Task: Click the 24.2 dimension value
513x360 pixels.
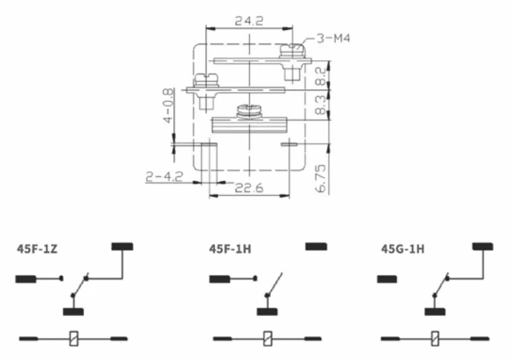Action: point(249,21)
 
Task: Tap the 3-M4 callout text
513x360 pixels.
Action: point(333,38)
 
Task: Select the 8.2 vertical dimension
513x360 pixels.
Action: point(321,76)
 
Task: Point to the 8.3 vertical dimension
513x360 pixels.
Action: point(321,105)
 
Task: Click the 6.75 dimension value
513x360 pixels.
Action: point(321,178)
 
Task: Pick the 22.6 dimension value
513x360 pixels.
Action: point(249,188)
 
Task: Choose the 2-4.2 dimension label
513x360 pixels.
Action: point(164,177)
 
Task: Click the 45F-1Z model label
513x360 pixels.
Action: point(37,249)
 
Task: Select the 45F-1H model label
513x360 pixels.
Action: point(230,249)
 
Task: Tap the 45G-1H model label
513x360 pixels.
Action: point(403,249)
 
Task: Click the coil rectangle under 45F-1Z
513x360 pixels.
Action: point(74,338)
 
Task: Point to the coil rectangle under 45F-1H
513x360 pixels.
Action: point(268,338)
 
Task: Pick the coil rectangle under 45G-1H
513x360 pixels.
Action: point(435,338)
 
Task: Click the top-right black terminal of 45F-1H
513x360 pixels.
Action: point(316,246)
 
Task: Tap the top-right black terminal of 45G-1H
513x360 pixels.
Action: point(482,246)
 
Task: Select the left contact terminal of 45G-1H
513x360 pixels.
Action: point(387,279)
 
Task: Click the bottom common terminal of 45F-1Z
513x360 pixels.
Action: point(73,311)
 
